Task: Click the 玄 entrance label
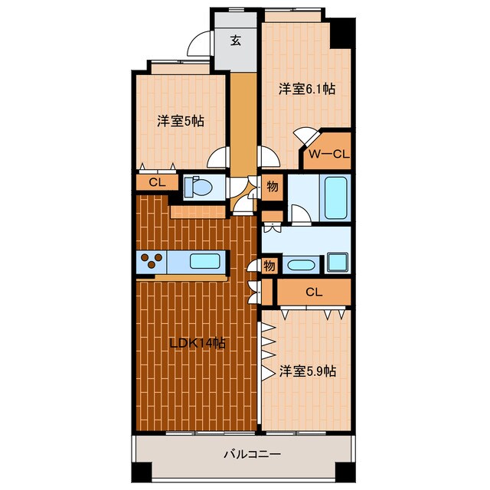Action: [236, 41]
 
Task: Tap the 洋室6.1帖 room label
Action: [307, 89]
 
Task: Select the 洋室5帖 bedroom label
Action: [181, 121]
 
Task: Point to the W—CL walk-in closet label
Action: [329, 154]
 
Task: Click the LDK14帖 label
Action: [198, 344]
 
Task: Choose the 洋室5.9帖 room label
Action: [308, 371]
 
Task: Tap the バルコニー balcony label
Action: [252, 454]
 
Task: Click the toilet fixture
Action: [198, 187]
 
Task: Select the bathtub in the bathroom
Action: [335, 198]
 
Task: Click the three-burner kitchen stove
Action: [152, 261]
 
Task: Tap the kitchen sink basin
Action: [204, 261]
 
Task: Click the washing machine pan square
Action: [338, 262]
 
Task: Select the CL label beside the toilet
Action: [157, 182]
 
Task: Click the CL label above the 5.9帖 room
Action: [314, 292]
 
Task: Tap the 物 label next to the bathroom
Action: [273, 187]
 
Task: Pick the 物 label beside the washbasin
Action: [269, 266]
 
